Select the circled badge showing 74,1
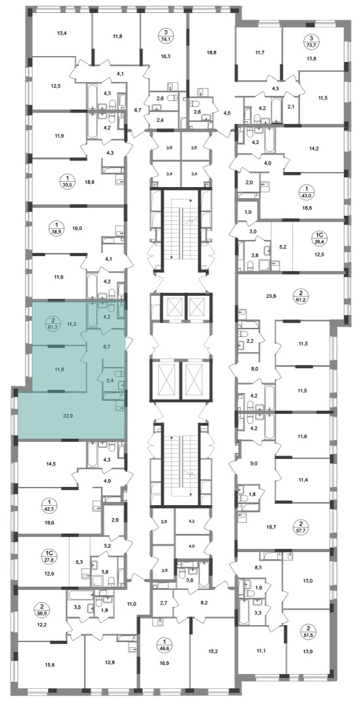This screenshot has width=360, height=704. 167,35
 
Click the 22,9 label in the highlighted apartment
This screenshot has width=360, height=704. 68,415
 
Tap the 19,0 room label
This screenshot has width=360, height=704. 77,228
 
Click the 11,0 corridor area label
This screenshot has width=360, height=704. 131,604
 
